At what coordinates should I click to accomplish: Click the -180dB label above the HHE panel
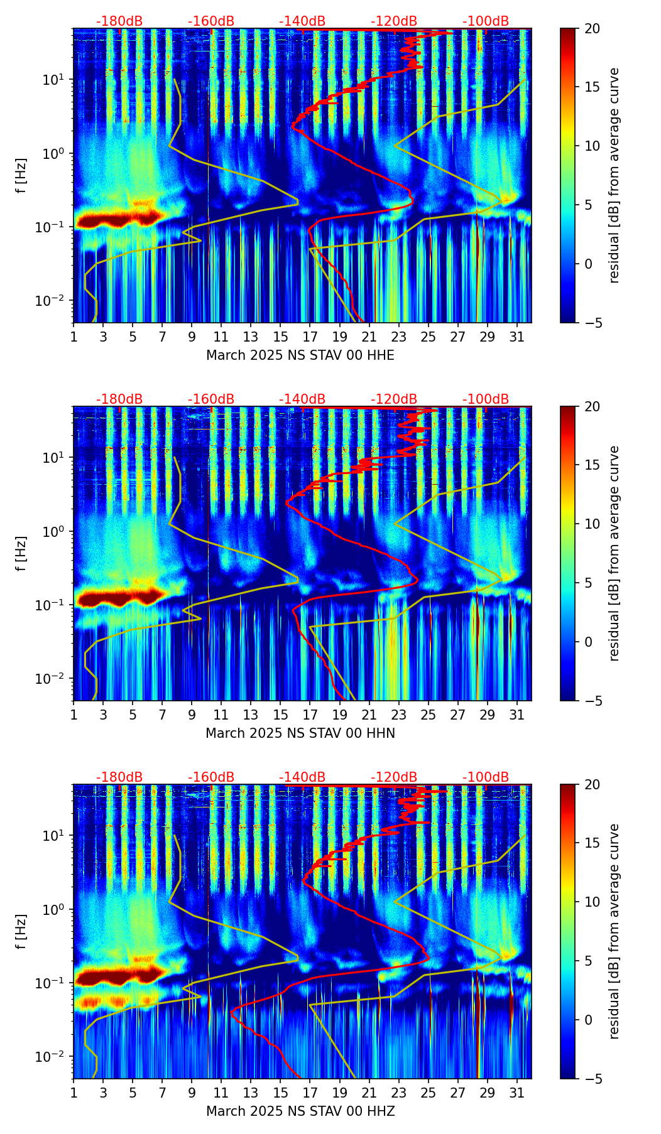(x=119, y=21)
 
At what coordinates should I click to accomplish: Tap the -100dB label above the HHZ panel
(x=486, y=777)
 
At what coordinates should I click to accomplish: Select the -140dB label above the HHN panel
(x=302, y=399)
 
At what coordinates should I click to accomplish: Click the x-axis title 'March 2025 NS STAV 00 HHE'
(x=300, y=355)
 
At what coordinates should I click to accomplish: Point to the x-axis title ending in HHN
(x=300, y=733)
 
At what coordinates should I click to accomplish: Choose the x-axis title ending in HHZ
(x=300, y=1111)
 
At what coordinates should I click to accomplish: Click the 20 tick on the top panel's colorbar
(x=592, y=28)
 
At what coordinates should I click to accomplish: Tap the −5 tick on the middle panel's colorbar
(x=589, y=700)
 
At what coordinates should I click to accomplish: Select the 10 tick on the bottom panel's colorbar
(x=592, y=902)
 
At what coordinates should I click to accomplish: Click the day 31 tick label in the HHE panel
(x=516, y=337)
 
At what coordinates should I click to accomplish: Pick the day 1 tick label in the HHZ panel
(x=74, y=1093)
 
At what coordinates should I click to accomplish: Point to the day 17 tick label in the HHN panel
(x=310, y=715)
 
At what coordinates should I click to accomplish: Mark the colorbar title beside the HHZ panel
(x=615, y=931)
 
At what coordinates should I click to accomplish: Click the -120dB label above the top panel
(x=394, y=21)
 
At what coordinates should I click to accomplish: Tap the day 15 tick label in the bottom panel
(x=280, y=1093)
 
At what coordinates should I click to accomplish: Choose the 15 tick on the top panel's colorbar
(x=592, y=87)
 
